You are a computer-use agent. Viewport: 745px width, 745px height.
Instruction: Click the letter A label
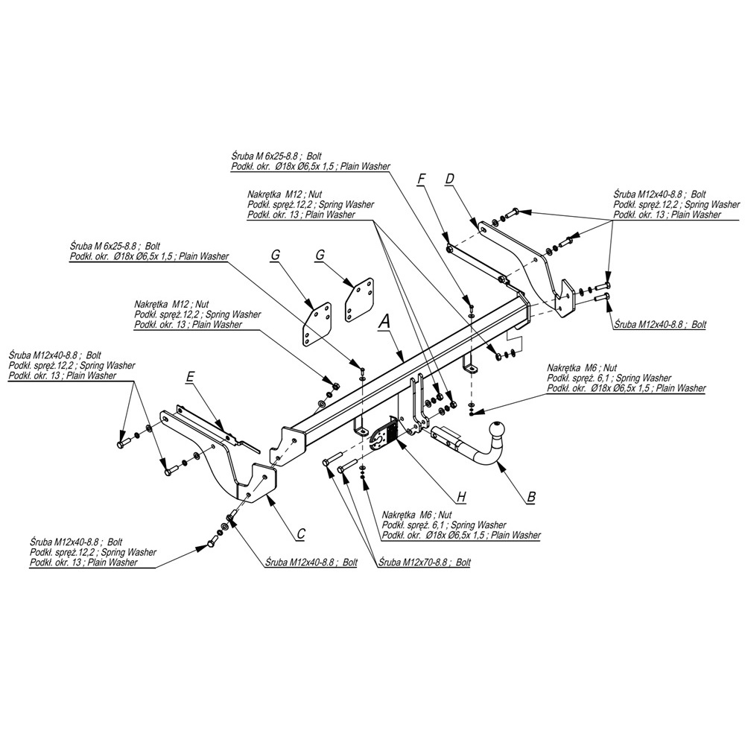click(x=384, y=321)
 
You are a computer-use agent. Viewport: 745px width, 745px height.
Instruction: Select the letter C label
click(x=301, y=533)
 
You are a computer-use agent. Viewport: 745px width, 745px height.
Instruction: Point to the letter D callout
click(x=449, y=179)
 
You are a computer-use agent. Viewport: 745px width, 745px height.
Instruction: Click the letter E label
click(x=190, y=378)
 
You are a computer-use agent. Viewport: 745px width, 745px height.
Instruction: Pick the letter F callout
click(x=422, y=179)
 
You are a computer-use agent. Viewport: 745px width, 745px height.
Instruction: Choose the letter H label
click(x=461, y=496)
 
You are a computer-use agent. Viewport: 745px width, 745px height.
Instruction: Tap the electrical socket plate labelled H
click(x=383, y=435)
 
